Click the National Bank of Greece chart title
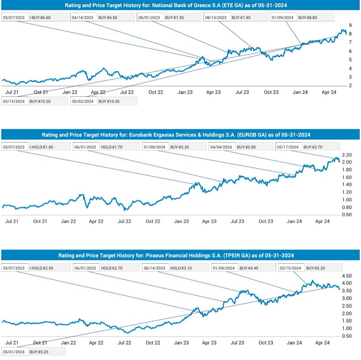click(180, 6)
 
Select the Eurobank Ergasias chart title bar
click(180, 135)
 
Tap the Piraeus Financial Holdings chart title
click(180, 255)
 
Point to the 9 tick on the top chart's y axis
click(350, 25)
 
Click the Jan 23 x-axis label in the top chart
click(185, 92)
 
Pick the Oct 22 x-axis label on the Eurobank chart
click(153, 221)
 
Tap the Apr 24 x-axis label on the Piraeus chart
click(323, 342)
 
